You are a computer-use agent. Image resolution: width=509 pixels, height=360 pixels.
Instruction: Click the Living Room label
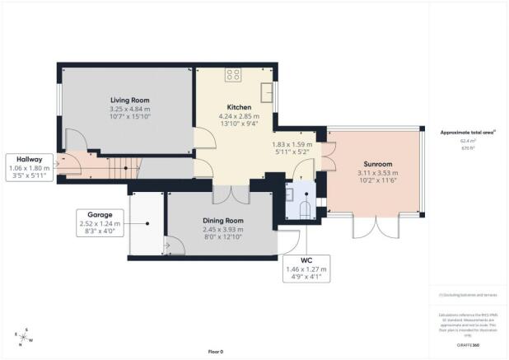click(129, 100)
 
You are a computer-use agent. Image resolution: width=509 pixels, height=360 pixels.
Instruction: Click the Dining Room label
click(223, 221)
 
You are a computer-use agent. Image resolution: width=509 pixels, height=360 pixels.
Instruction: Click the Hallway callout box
click(28, 166)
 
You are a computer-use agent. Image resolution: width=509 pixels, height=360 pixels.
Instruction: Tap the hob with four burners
click(233, 74)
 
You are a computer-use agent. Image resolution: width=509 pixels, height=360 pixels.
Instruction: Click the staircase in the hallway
click(107, 168)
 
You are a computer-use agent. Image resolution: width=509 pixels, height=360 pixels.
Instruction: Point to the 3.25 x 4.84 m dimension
click(129, 109)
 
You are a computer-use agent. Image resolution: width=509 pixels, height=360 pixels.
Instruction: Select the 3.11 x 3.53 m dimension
click(374, 172)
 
